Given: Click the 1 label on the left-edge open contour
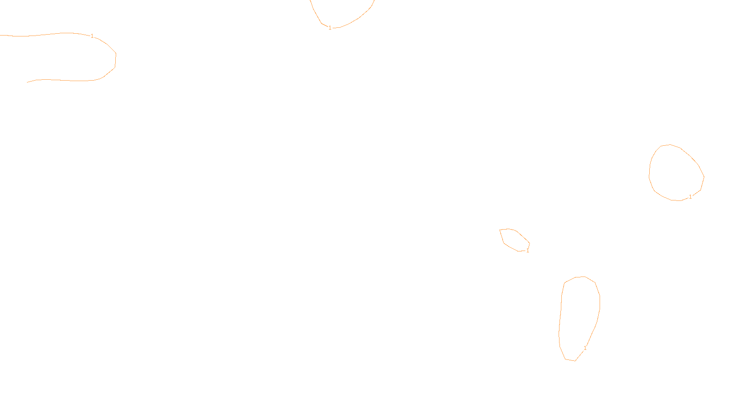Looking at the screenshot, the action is click(92, 36).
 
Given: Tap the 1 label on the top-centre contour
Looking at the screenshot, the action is click(330, 28).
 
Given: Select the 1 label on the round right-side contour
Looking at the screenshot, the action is click(690, 197).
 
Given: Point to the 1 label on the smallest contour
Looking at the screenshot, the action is click(528, 251).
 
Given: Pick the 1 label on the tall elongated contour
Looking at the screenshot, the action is click(585, 348).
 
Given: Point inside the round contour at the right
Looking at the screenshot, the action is click(677, 173).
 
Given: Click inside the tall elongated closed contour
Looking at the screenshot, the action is click(579, 314).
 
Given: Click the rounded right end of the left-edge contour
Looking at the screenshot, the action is click(116, 59).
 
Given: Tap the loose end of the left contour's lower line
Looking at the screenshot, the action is click(27, 82).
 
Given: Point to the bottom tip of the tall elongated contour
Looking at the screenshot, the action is click(575, 361).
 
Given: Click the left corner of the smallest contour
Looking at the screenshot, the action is click(500, 230).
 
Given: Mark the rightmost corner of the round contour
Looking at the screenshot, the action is click(704, 177).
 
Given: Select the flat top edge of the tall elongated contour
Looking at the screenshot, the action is click(580, 277).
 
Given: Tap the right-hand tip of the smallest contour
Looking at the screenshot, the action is click(529, 244).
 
